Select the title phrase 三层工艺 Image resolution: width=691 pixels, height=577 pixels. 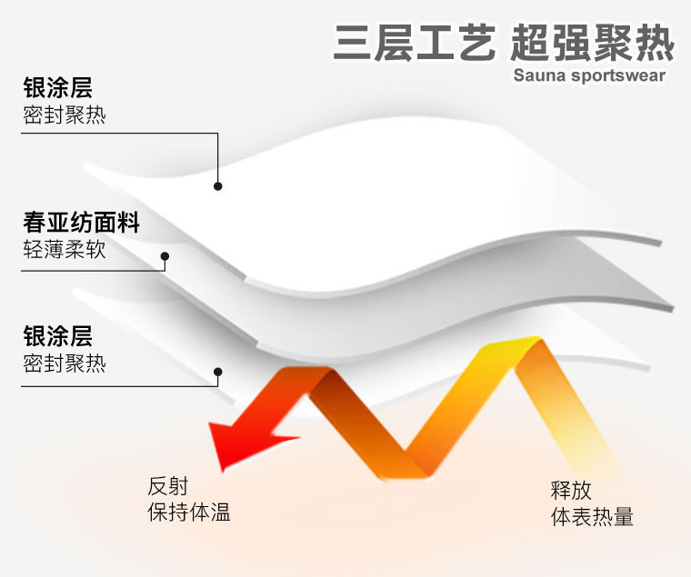[415, 43]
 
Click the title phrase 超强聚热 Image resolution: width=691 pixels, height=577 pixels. [592, 43]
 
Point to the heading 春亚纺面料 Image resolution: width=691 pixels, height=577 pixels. [82, 222]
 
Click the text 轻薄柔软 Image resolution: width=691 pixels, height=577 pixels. [65, 249]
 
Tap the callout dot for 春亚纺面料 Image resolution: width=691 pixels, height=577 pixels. [165, 256]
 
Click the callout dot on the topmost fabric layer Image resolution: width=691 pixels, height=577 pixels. [217, 186]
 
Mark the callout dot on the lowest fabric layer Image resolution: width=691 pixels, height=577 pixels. [217, 372]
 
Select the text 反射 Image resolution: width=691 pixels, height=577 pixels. [168, 486]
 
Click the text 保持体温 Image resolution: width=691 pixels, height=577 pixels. [189, 512]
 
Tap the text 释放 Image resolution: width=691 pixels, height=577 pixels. [571, 491]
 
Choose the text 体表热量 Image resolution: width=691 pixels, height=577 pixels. [592, 517]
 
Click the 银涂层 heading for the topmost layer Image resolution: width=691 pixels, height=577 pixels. [57, 87]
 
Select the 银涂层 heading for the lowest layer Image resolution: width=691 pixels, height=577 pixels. [57, 336]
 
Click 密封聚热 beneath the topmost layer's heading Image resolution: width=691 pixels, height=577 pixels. [65, 115]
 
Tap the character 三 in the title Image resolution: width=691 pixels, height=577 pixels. [351, 43]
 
